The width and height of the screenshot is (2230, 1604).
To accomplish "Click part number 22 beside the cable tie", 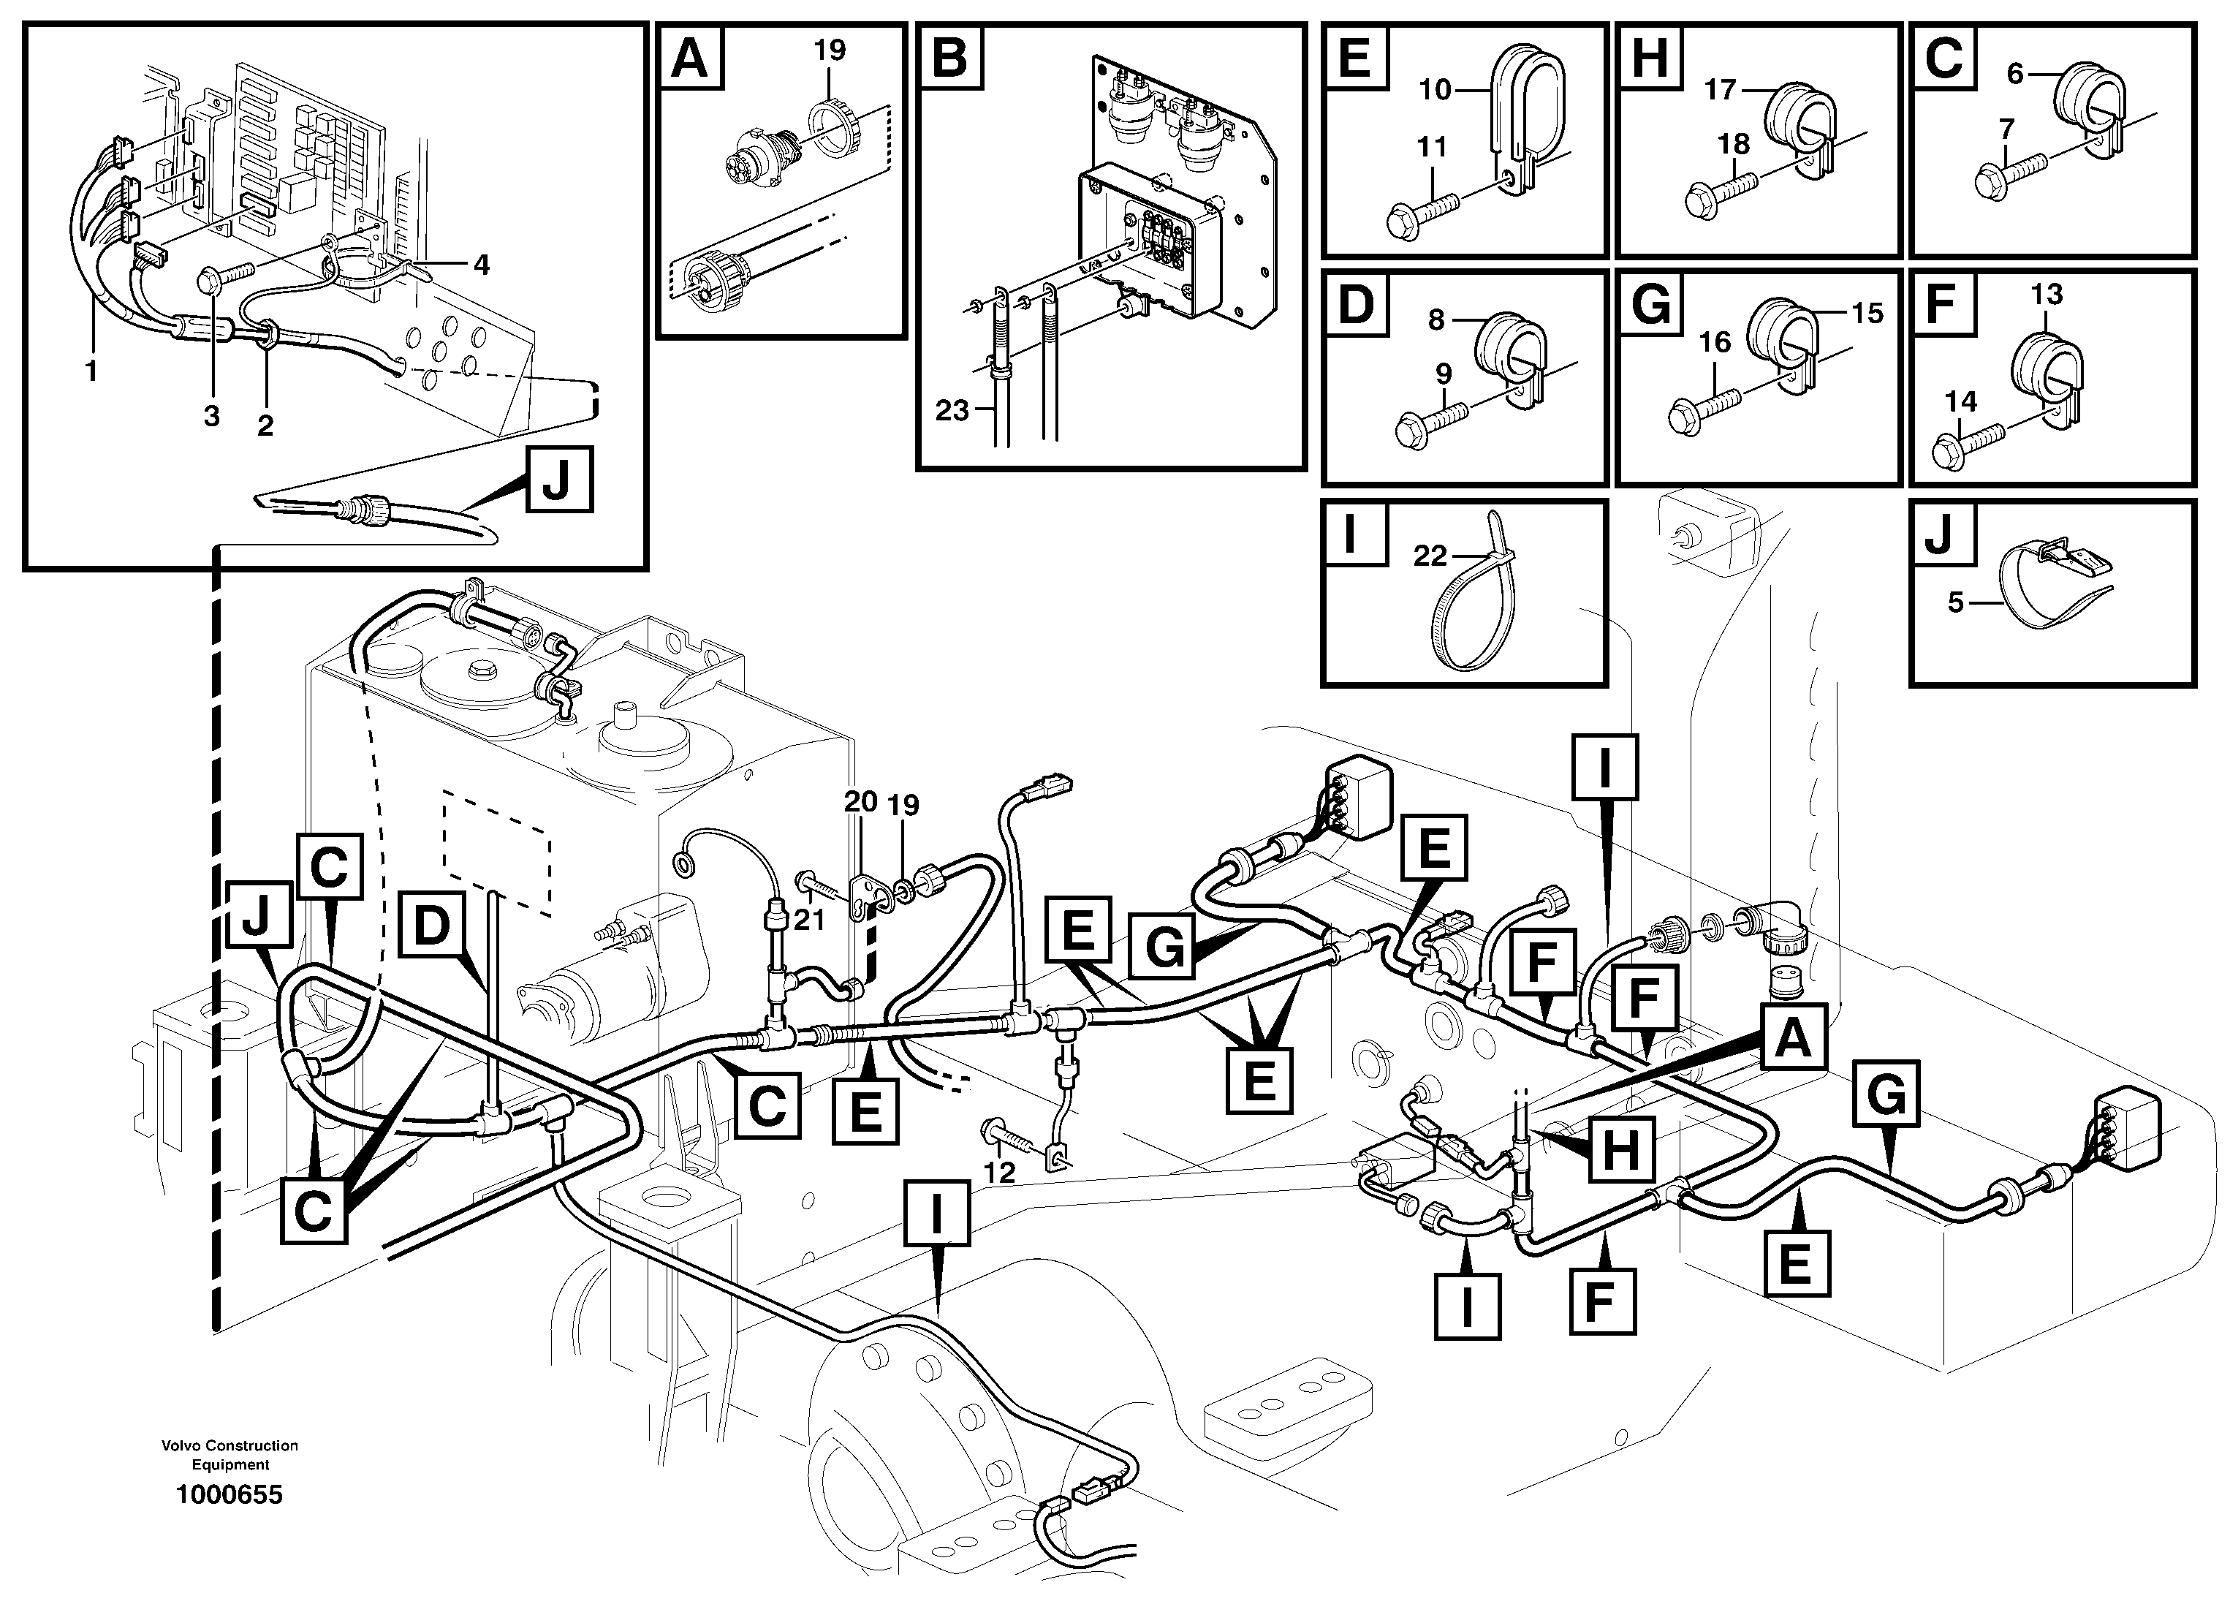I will tap(1430, 556).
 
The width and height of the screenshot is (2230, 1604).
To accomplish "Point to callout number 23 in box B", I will tap(952, 410).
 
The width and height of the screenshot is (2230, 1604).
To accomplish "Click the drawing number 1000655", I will tap(228, 1495).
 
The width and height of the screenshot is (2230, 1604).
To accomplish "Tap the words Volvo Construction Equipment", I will tap(230, 1455).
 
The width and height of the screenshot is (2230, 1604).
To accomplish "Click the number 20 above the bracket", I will tap(860, 801).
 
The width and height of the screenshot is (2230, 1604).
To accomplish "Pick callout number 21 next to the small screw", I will tap(808, 920).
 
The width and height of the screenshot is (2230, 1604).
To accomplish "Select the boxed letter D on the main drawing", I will tap(431, 926).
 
